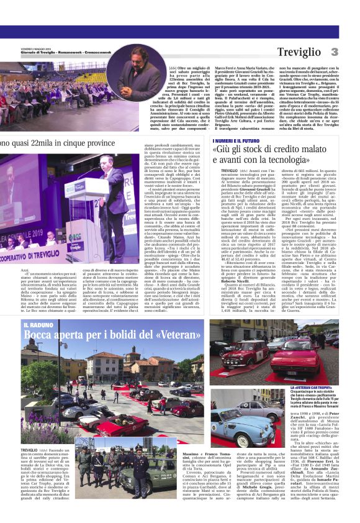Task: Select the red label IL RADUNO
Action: click(x=36, y=325)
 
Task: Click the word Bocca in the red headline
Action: click(x=39, y=336)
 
